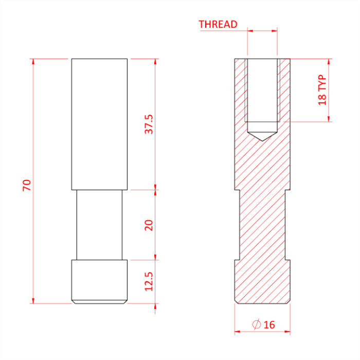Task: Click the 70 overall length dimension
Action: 27,185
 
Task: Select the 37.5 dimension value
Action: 149,124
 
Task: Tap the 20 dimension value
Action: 149,225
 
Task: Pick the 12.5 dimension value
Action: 149,281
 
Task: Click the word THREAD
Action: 218,24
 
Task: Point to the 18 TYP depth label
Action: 322,90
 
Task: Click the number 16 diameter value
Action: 269,325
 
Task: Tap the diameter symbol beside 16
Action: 257,325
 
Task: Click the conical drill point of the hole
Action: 262,137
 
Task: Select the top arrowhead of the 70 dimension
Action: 33,61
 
